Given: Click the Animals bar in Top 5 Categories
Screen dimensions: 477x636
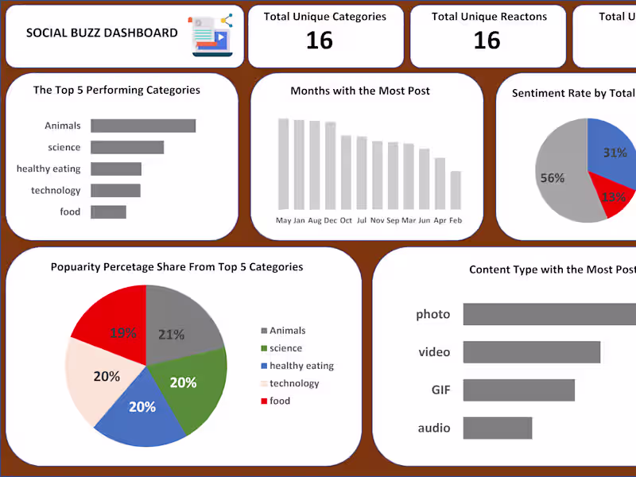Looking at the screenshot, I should [143, 126].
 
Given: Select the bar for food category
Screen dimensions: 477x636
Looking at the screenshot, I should [108, 211].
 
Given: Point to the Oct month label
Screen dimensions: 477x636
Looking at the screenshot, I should [346, 220].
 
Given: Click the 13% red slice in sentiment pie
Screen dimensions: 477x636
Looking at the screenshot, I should [613, 199].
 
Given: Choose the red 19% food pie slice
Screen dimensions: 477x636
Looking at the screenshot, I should [115, 318].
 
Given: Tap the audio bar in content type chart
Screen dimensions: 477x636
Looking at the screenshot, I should [497, 429].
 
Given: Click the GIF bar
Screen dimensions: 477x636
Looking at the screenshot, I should [518, 390].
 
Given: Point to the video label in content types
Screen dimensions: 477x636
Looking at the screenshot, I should [434, 352].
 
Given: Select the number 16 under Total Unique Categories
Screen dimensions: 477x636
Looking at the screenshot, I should [320, 41].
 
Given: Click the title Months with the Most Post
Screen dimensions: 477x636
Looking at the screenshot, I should [360, 91].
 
